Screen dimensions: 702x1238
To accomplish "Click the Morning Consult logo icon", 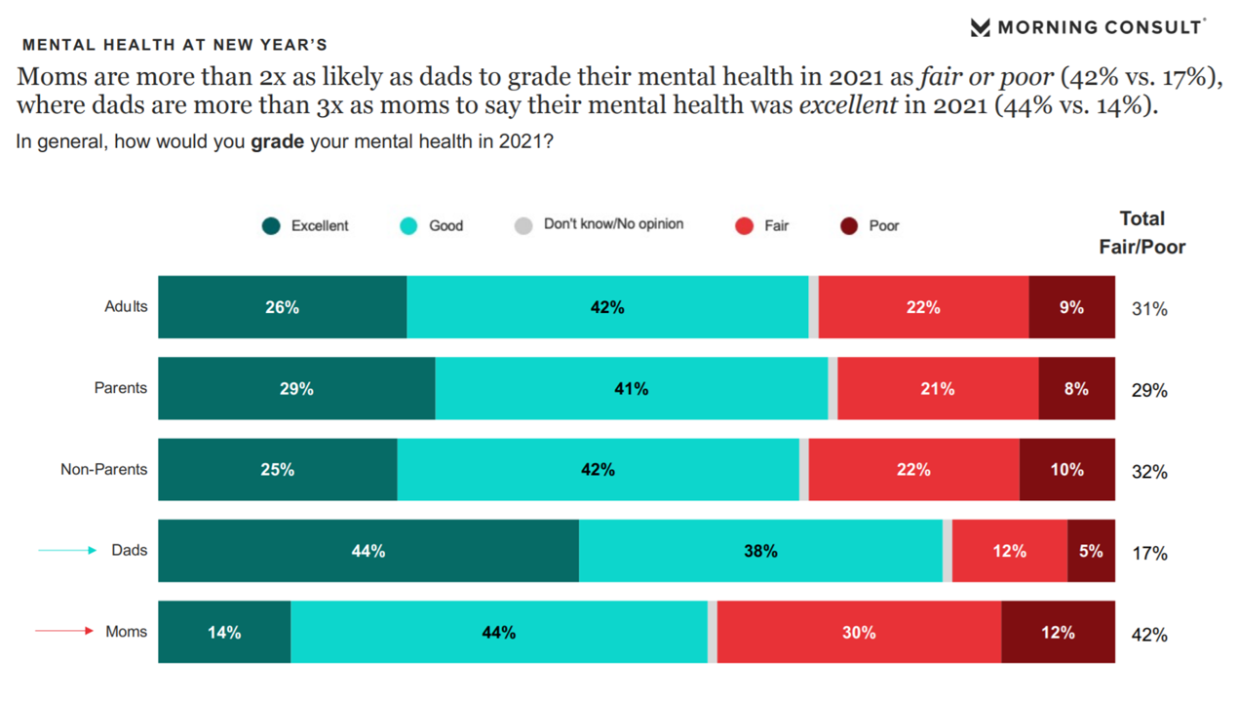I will click(981, 27).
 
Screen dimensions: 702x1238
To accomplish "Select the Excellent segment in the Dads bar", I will click(368, 551).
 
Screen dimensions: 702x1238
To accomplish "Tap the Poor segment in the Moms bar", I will click(1058, 632).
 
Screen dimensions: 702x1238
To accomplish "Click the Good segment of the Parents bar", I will click(631, 388).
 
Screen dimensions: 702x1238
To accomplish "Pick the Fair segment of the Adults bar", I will click(923, 307).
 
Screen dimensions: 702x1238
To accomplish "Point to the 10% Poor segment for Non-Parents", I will click(1066, 469).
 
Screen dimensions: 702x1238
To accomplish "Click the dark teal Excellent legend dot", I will click(271, 226).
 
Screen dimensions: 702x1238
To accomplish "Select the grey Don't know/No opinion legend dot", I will click(523, 226).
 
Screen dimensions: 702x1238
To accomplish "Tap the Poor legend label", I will click(883, 225).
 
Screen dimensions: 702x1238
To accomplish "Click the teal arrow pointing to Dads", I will click(67, 551).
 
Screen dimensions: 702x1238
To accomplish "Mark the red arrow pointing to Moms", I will click(64, 631).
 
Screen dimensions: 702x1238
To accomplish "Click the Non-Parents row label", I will click(103, 469).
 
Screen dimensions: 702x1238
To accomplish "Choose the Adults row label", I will click(126, 306).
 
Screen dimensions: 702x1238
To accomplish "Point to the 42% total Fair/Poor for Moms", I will click(1149, 635).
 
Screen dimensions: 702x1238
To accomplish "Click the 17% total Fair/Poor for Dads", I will click(1149, 553).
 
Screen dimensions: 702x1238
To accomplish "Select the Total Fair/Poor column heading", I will click(1142, 232).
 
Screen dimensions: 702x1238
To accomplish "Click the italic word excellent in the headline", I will click(847, 106).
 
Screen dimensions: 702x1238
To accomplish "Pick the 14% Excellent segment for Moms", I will click(224, 632).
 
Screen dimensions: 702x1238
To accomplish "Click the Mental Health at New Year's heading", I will click(174, 45).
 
